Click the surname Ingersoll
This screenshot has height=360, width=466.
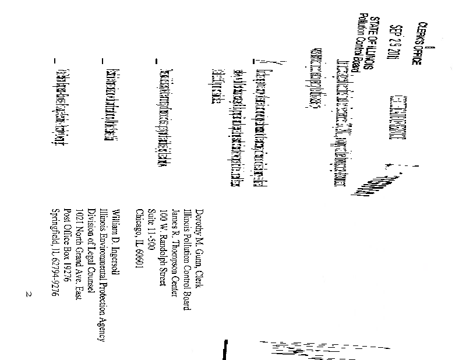click(x=115, y=259)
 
